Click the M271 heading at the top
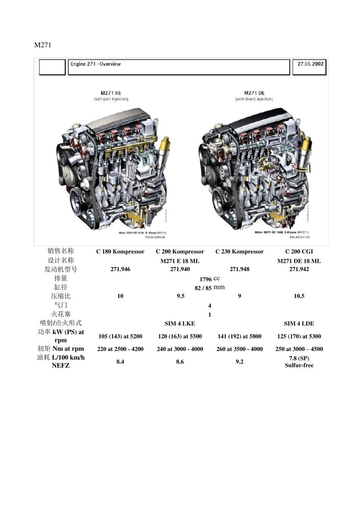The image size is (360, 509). (x=42, y=45)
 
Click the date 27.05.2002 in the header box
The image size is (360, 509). (x=310, y=64)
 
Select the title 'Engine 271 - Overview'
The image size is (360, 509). (x=95, y=64)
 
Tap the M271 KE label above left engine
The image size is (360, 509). (x=111, y=93)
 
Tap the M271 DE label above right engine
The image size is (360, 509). (x=254, y=93)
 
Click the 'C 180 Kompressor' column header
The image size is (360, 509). (x=120, y=251)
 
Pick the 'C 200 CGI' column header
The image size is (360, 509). (x=299, y=251)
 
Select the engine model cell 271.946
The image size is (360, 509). (x=120, y=269)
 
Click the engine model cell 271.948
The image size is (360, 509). (x=239, y=269)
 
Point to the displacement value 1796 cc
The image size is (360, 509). (x=210, y=279)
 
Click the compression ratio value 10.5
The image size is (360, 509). (x=299, y=296)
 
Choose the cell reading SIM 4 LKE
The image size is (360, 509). (x=180, y=323)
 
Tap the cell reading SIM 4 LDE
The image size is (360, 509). (x=299, y=323)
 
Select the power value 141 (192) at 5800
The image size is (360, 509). (x=239, y=336)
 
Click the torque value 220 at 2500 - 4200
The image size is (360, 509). (x=120, y=349)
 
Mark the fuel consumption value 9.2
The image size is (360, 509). (x=239, y=362)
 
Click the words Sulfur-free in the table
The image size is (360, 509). (x=299, y=365)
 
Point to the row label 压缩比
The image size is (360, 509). (x=61, y=296)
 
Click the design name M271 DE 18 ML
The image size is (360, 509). (x=299, y=261)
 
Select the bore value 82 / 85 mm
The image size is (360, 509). (x=210, y=287)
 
